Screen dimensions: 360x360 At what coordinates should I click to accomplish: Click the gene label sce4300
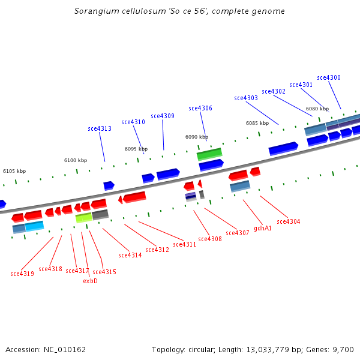tap(329, 78)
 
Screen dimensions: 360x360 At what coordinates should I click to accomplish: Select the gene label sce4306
tap(200, 109)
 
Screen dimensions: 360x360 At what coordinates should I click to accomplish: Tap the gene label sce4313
tap(100, 129)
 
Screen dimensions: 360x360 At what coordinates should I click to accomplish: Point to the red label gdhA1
tap(263, 228)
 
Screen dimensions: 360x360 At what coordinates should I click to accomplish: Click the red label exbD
tap(90, 281)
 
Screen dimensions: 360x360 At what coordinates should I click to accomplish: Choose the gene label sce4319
tap(22, 274)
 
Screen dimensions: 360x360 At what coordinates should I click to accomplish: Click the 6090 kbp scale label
tap(197, 137)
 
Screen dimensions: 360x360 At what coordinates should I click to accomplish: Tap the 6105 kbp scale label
tap(14, 171)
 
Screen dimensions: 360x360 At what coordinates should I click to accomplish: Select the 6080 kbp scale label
tap(317, 109)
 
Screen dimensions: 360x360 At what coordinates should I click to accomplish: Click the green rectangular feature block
tap(209, 154)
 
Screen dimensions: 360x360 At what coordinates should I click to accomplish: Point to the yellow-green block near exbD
tap(83, 218)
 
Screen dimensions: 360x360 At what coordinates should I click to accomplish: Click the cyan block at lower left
tap(35, 226)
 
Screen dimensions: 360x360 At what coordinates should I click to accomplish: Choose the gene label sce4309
tap(163, 116)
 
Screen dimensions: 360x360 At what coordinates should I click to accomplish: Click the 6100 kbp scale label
tap(76, 160)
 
